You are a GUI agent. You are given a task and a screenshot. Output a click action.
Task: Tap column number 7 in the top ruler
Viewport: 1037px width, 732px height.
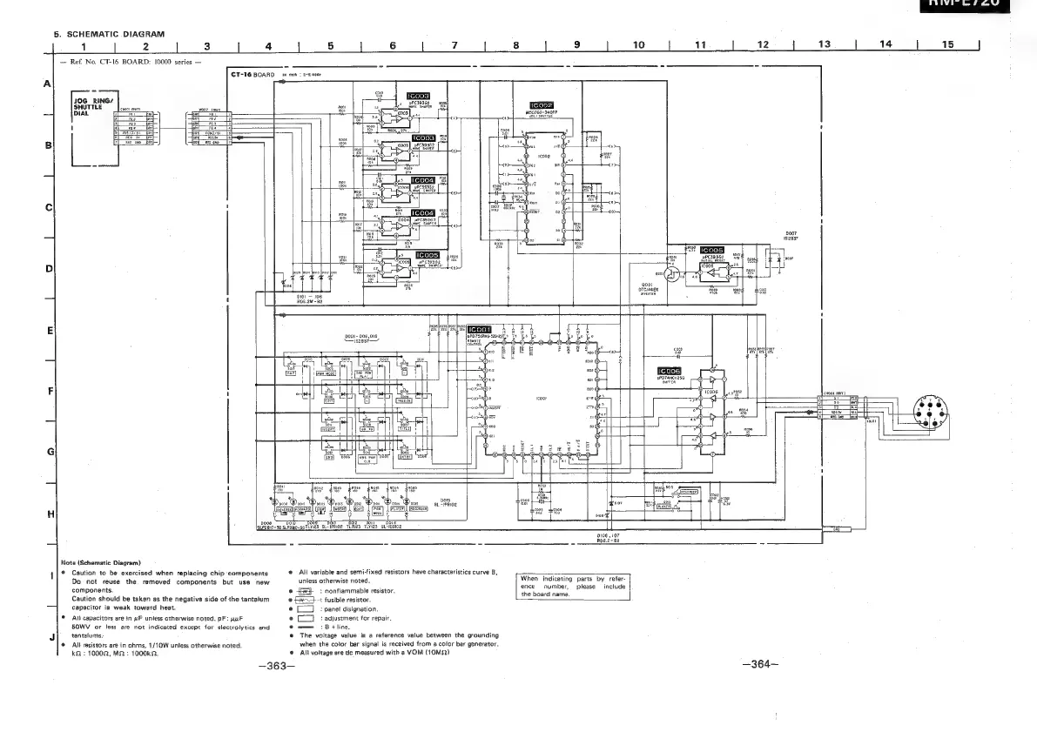[455, 45]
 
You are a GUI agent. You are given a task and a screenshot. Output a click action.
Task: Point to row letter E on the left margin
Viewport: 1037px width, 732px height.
[50, 332]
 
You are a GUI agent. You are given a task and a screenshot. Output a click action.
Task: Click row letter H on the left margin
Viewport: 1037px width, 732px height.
[50, 514]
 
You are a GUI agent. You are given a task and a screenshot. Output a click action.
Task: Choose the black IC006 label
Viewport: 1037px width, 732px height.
[674, 371]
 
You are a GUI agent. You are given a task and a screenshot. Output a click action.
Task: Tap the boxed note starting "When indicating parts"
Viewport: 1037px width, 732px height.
[573, 587]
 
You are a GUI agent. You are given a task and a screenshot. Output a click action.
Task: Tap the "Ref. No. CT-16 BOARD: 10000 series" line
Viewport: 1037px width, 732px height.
[131, 63]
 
